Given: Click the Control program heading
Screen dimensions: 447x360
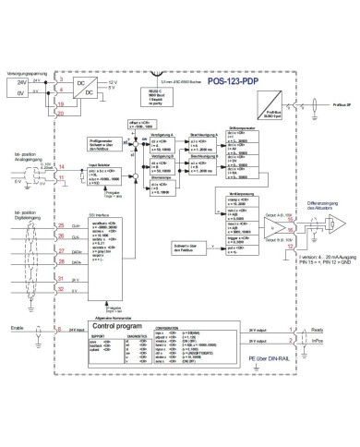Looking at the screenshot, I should click(x=117, y=326).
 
